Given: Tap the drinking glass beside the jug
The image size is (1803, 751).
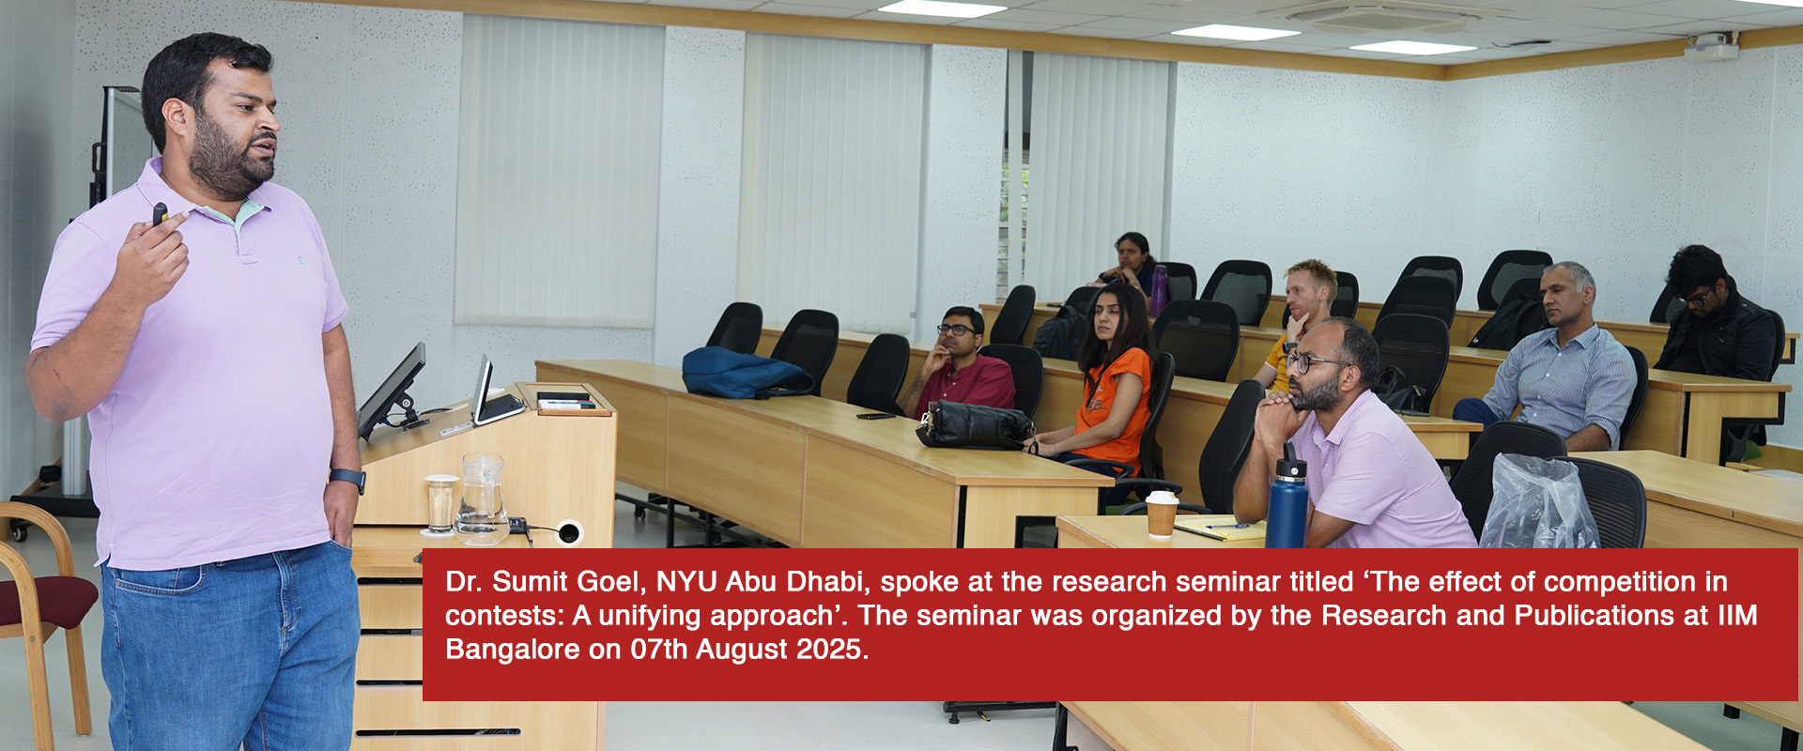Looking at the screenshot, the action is [x=440, y=504].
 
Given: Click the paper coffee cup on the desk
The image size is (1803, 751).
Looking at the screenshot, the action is [x=1162, y=513].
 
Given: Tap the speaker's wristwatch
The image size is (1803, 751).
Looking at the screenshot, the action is [x=347, y=480].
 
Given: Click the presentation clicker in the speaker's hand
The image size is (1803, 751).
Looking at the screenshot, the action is [x=161, y=214].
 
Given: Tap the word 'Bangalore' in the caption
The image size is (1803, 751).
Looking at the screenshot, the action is [x=513, y=650].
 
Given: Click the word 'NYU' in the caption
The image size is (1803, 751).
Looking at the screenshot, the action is [x=686, y=582].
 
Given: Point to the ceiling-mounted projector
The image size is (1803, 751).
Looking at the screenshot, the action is [x=1711, y=46].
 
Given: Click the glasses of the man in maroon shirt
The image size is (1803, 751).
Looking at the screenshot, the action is [x=956, y=330].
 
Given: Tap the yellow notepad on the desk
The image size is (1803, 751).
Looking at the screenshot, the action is [x=1221, y=529].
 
